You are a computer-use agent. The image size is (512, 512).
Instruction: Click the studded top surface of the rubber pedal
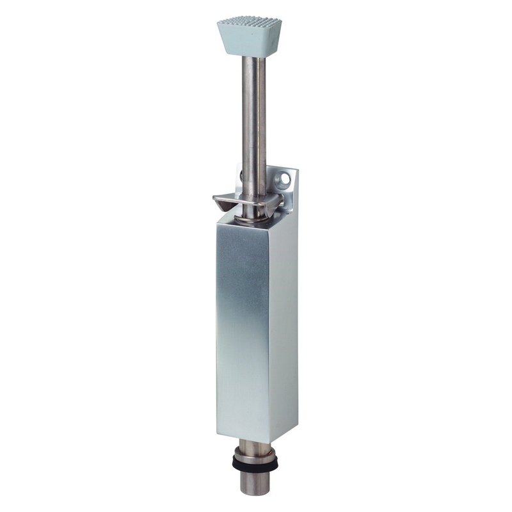tap(249, 23)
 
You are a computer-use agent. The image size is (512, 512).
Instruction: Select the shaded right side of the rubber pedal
tap(276, 38)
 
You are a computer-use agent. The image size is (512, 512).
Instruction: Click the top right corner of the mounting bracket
tap(296, 170)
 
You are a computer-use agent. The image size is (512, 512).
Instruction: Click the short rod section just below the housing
tap(257, 448)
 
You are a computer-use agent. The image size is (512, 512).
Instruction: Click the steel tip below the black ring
tap(258, 483)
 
